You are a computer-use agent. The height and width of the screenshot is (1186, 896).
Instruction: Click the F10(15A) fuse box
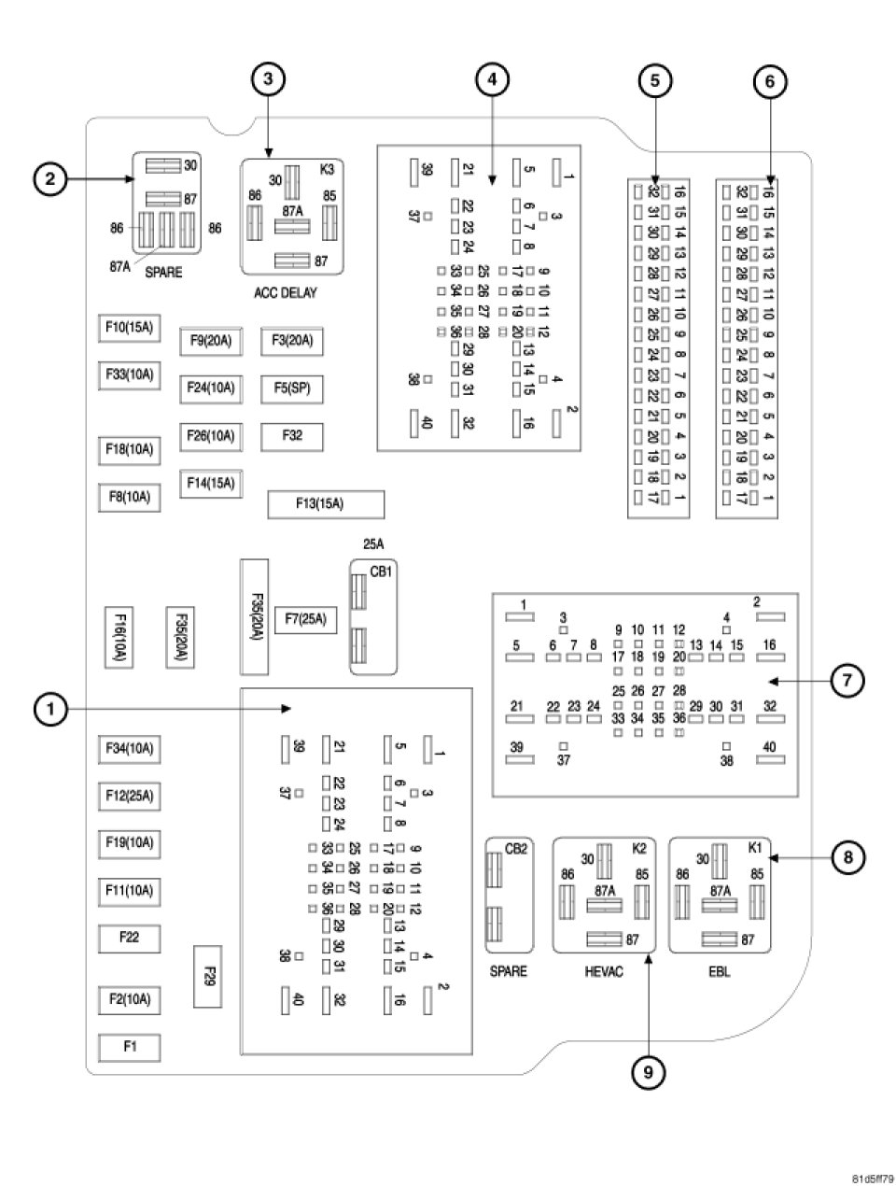pos(130,329)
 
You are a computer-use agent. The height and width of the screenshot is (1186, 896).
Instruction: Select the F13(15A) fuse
pos(326,504)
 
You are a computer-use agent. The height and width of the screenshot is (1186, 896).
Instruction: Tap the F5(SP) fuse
pos(292,388)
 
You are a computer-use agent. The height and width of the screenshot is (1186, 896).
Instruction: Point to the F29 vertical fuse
pos(208,976)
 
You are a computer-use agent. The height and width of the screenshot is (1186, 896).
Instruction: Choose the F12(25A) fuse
pos(130,797)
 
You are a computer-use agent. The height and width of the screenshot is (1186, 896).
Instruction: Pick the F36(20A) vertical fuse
pos(255,616)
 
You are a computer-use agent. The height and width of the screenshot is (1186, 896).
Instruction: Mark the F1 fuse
pos(130,1047)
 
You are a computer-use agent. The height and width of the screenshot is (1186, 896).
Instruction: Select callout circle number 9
pos(648,1073)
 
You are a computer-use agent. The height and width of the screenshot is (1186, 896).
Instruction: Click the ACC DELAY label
pos(286,292)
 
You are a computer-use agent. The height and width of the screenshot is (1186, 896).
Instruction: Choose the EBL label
pos(719,971)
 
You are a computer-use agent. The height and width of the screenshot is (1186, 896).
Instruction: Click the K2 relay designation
pos(639,848)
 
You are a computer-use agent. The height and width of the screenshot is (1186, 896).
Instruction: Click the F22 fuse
pos(130,937)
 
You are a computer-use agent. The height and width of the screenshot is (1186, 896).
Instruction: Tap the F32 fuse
pos(292,435)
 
